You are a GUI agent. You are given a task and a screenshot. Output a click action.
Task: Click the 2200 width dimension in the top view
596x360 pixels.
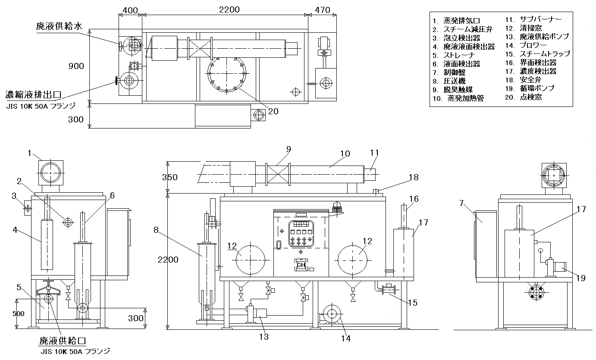229,9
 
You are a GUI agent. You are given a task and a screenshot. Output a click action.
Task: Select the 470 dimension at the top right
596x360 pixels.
323,10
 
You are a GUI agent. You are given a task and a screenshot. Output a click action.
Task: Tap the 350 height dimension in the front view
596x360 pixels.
170,177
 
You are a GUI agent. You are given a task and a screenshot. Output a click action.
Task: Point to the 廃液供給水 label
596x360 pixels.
59,26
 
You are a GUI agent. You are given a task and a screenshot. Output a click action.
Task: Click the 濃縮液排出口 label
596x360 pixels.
33,95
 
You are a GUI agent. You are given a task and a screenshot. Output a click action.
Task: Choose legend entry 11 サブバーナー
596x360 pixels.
533,19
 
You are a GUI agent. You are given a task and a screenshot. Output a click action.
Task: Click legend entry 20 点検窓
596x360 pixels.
524,97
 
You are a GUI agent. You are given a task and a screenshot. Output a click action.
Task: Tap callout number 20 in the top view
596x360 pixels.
273,111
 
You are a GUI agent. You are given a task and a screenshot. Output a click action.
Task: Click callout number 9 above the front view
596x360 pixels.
289,149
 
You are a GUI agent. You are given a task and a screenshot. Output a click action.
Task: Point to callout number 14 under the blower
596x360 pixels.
346,338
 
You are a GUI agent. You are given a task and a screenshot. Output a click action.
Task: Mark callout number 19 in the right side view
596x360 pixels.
581,279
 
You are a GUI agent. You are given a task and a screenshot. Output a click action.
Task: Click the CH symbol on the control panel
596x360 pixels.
301,265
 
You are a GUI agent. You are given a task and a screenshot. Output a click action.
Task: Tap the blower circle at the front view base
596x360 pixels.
332,314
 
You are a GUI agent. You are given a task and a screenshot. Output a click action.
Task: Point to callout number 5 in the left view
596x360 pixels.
19,288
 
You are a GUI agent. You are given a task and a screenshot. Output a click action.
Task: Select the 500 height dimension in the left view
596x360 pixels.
19,314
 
